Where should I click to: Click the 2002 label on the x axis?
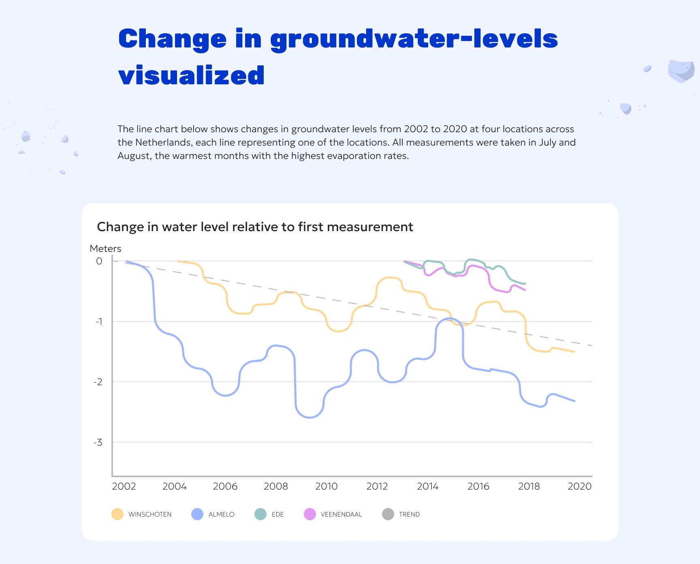pyautogui.click(x=124, y=486)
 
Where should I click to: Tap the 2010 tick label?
pyautogui.click(x=327, y=486)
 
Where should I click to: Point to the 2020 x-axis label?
pyautogui.click(x=580, y=486)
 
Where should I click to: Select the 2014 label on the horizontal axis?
pyautogui.click(x=428, y=486)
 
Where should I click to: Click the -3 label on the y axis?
pyautogui.click(x=98, y=442)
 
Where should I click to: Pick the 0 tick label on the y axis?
pyautogui.click(x=99, y=261)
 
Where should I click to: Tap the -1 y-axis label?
pyautogui.click(x=99, y=322)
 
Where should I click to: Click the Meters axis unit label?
pyautogui.click(x=105, y=249)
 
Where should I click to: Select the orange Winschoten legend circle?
pyautogui.click(x=117, y=514)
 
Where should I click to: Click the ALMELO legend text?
pyautogui.click(x=222, y=515)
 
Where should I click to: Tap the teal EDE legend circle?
pyautogui.click(x=260, y=514)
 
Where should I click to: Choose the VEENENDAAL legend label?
pyautogui.click(x=341, y=515)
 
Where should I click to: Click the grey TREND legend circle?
pyautogui.click(x=388, y=514)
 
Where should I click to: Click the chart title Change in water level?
pyautogui.click(x=255, y=227)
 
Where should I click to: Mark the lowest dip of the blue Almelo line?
pyautogui.click(x=310, y=418)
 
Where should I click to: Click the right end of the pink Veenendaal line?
pyautogui.click(x=525, y=290)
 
